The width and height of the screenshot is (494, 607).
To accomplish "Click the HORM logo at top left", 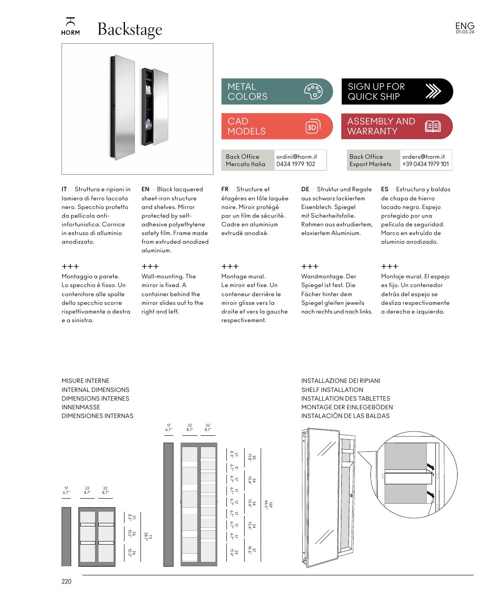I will pyautogui.click(x=70, y=27).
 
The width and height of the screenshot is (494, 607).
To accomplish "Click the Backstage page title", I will pyautogui.click(x=130, y=29).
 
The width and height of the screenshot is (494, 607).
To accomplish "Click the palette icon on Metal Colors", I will pyautogui.click(x=313, y=91).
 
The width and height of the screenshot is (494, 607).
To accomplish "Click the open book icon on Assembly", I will pyautogui.click(x=432, y=127).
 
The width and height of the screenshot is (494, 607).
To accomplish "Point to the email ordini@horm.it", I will pyautogui.click(x=297, y=157).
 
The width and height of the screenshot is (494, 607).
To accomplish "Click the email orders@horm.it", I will pyautogui.click(x=423, y=157).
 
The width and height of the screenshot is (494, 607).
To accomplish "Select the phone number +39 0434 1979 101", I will pyautogui.click(x=425, y=164).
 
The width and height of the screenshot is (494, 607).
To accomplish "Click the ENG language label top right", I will pyautogui.click(x=465, y=26).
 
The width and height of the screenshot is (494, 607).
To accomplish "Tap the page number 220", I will pyautogui.click(x=66, y=581).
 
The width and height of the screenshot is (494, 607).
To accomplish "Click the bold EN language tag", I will pyautogui.click(x=145, y=189).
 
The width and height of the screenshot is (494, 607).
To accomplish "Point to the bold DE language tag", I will pyautogui.click(x=305, y=189).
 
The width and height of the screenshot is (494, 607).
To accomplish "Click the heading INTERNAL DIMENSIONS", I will pyautogui.click(x=95, y=390).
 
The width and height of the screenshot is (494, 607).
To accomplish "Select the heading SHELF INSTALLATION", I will pyautogui.click(x=332, y=390).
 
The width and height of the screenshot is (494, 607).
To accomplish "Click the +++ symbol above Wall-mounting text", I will pyautogui.click(x=150, y=266).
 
